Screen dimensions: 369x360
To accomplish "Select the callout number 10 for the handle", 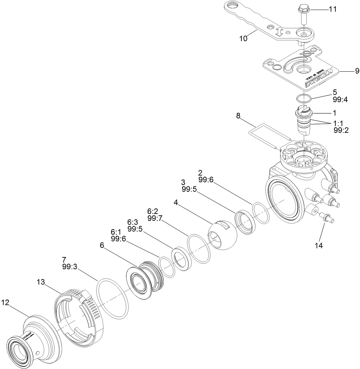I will [243, 38].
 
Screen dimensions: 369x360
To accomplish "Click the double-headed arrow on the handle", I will [279, 33].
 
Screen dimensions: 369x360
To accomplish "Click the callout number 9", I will [357, 71].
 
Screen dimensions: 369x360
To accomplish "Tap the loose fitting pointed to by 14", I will [326, 218].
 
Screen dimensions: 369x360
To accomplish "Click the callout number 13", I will [41, 282].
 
